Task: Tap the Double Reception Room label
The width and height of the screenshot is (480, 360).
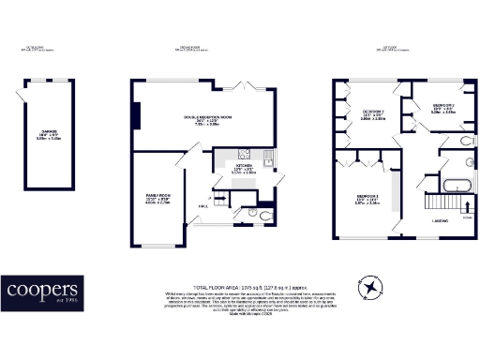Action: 205,118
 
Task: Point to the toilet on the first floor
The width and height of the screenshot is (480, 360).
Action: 466,142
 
